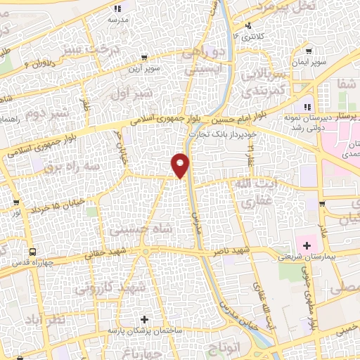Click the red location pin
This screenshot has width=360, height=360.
click(x=181, y=165)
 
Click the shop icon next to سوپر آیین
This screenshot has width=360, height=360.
click(x=144, y=58)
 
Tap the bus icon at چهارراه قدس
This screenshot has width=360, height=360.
click(x=32, y=252)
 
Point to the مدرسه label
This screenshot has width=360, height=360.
click(x=117, y=20)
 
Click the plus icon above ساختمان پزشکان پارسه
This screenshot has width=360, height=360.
click(x=146, y=319)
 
